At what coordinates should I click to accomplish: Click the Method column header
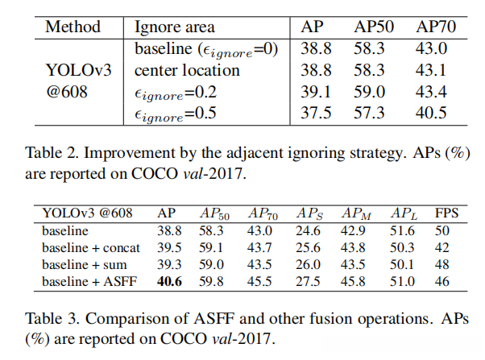point(73,26)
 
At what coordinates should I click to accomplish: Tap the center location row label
point(187,70)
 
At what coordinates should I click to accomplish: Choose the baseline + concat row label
point(92,246)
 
